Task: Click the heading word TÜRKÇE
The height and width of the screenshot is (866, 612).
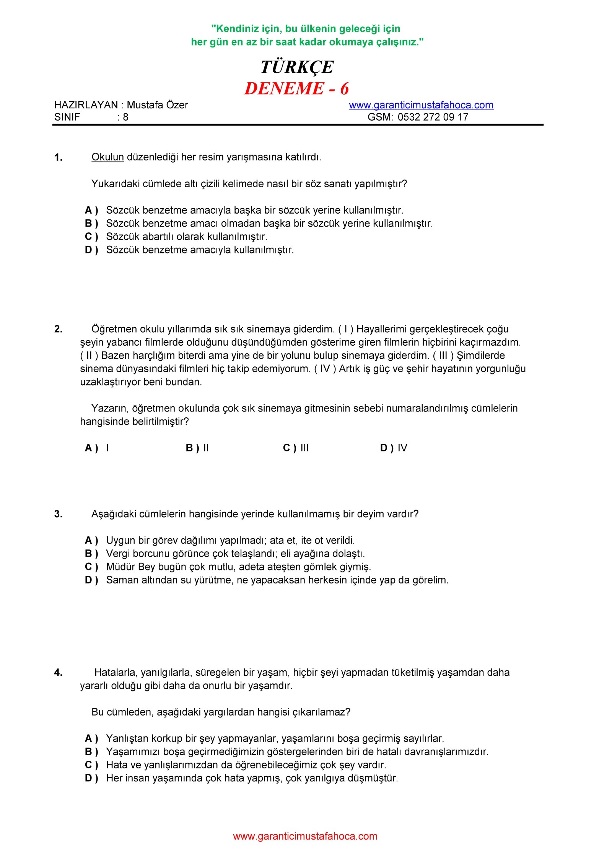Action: (x=297, y=67)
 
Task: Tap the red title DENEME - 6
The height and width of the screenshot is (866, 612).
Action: (x=297, y=88)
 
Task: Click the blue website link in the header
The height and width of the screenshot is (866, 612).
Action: (x=421, y=105)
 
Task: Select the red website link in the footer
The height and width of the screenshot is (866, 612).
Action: (x=305, y=836)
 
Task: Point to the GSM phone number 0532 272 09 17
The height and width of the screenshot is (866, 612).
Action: (x=433, y=117)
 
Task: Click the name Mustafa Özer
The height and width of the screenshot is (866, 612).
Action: (x=157, y=105)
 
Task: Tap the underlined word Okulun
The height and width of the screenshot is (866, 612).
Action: (x=107, y=157)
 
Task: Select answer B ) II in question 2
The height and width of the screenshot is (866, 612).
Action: (x=197, y=448)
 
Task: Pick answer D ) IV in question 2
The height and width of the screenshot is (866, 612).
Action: (x=394, y=448)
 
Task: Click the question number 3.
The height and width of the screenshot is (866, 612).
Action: (x=58, y=514)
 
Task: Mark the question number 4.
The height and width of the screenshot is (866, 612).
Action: (x=58, y=672)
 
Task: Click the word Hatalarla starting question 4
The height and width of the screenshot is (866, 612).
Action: (x=115, y=672)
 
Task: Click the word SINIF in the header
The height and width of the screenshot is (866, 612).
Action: (x=67, y=117)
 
